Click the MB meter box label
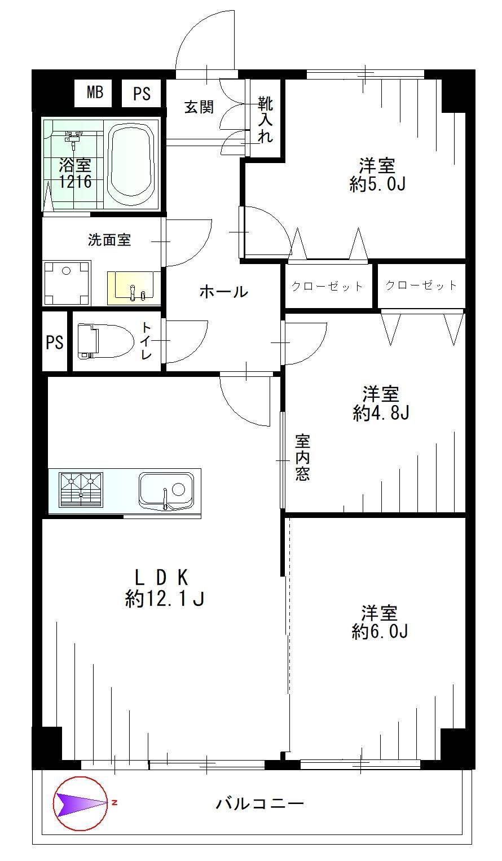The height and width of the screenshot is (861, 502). click(x=95, y=93)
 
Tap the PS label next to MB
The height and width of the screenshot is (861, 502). click(x=142, y=94)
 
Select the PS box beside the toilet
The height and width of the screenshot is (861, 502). click(x=55, y=342)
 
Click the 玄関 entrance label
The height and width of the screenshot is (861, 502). click(x=199, y=107)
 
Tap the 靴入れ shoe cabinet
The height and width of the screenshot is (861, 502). click(x=266, y=119)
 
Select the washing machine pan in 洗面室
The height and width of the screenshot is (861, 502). click(x=67, y=283)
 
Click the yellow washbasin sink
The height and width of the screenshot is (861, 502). click(x=134, y=288)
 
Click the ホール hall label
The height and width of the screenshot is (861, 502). click(x=224, y=292)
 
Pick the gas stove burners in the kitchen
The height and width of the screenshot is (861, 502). click(x=81, y=490)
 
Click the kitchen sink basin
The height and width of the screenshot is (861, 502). click(x=166, y=490)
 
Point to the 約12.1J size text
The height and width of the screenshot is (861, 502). click(x=165, y=599)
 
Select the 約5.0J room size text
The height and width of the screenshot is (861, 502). click(x=377, y=184)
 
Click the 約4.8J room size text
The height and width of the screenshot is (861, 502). click(x=381, y=413)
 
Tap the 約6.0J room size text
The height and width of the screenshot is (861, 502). click(x=380, y=631)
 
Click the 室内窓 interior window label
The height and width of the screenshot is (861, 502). click(x=302, y=458)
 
